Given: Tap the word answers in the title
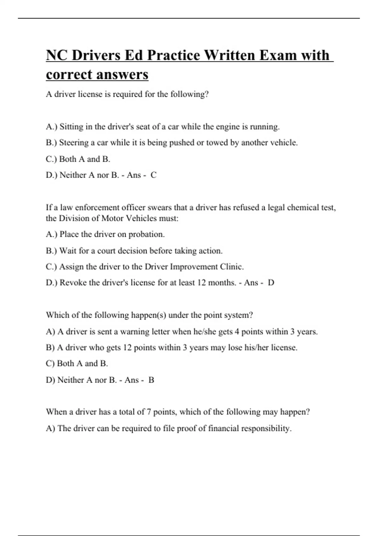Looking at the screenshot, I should click(x=122, y=74).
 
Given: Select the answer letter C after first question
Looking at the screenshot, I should click(x=153, y=175).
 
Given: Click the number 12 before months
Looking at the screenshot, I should click(x=202, y=283).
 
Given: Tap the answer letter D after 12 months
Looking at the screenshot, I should click(x=271, y=283).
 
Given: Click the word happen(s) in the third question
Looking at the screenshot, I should click(x=148, y=315).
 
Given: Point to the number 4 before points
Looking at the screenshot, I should click(x=237, y=332).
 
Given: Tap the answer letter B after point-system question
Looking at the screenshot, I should click(x=151, y=380).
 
